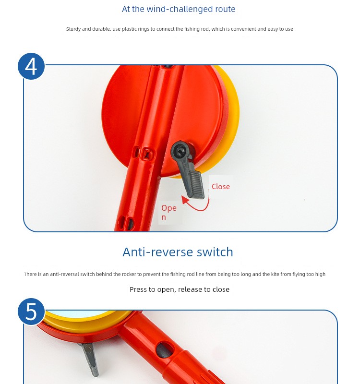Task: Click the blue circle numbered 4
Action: click(x=31, y=66)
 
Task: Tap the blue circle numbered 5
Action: click(x=31, y=312)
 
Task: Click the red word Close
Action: click(x=221, y=187)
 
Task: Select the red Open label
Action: click(x=169, y=212)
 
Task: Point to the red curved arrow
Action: click(x=200, y=209)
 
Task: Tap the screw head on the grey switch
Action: click(x=180, y=150)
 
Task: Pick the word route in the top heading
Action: click(x=225, y=9)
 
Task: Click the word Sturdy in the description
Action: click(x=73, y=29)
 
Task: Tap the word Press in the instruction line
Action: click(x=137, y=289)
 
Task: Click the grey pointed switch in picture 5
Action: click(x=90, y=358)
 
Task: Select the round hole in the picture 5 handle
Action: click(x=164, y=350)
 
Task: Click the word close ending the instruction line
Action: click(x=221, y=289)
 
